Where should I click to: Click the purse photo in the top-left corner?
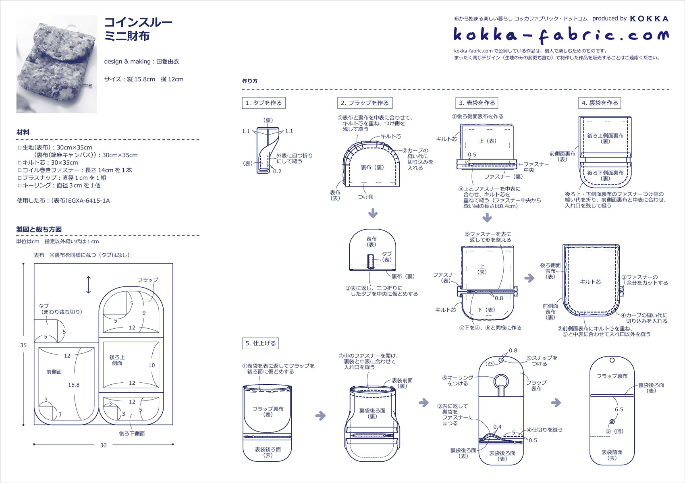tap(56, 64)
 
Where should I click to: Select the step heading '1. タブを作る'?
tap(264, 103)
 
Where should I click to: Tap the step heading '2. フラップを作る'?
tap(365, 103)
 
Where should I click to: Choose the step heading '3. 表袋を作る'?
tap(477, 103)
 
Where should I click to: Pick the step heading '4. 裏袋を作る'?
tap(600, 103)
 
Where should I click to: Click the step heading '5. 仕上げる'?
tap(261, 343)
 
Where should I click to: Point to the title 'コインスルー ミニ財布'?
tap(138, 29)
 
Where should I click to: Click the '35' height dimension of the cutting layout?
tap(23, 345)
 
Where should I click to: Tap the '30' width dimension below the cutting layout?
tap(103, 445)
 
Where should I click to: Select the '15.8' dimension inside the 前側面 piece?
tap(74, 385)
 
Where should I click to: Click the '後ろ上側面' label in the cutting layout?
tap(117, 360)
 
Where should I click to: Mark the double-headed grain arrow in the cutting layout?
tap(89, 285)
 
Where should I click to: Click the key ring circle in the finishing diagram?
tap(501, 381)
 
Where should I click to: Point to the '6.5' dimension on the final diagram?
tap(619, 409)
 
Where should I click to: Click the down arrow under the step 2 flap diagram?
tap(373, 213)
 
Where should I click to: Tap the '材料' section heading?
tap(23, 132)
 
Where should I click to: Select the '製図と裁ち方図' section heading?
tap(39, 229)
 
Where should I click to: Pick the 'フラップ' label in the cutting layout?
tap(148, 280)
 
